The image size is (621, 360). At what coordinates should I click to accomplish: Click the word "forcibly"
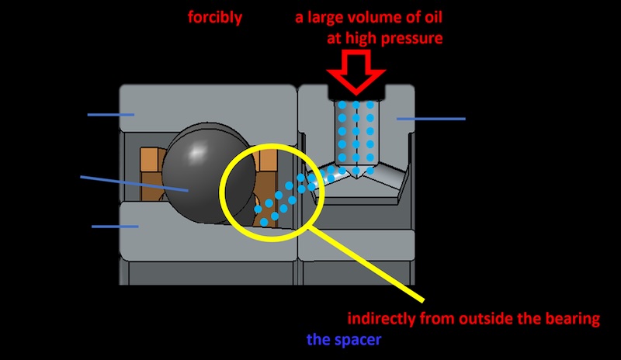tap(215, 16)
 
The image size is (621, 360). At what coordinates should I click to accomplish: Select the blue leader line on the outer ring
tap(110, 115)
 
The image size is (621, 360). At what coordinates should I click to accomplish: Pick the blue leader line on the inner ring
tap(115, 227)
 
